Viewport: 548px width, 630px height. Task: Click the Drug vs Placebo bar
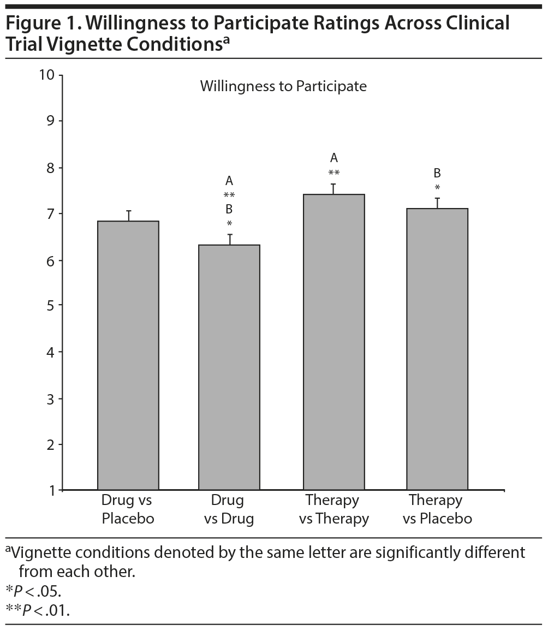pyautogui.click(x=128, y=355)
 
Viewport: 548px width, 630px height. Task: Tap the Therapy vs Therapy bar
pyautogui.click(x=334, y=342)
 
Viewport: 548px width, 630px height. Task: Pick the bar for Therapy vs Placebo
pyautogui.click(x=437, y=349)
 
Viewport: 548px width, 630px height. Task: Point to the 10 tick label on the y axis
pyautogui.click(x=47, y=75)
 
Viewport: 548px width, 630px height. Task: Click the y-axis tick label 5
pyautogui.click(x=51, y=305)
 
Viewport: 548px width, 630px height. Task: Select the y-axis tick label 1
pyautogui.click(x=51, y=490)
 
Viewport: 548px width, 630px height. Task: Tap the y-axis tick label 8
pyautogui.click(x=51, y=167)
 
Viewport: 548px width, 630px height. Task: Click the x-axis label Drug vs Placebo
pyautogui.click(x=128, y=509)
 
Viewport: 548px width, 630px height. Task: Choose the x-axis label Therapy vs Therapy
pyautogui.click(x=333, y=509)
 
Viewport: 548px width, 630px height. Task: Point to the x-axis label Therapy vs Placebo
pyautogui.click(x=437, y=509)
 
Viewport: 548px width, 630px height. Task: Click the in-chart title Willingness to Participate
pyautogui.click(x=283, y=86)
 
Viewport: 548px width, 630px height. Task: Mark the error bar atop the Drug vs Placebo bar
pyautogui.click(x=129, y=215)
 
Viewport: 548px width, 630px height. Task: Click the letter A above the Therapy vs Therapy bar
pyautogui.click(x=334, y=158)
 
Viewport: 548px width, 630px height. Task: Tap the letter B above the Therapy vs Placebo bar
pyautogui.click(x=437, y=173)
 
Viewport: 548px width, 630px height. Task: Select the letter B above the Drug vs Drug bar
pyautogui.click(x=229, y=209)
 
